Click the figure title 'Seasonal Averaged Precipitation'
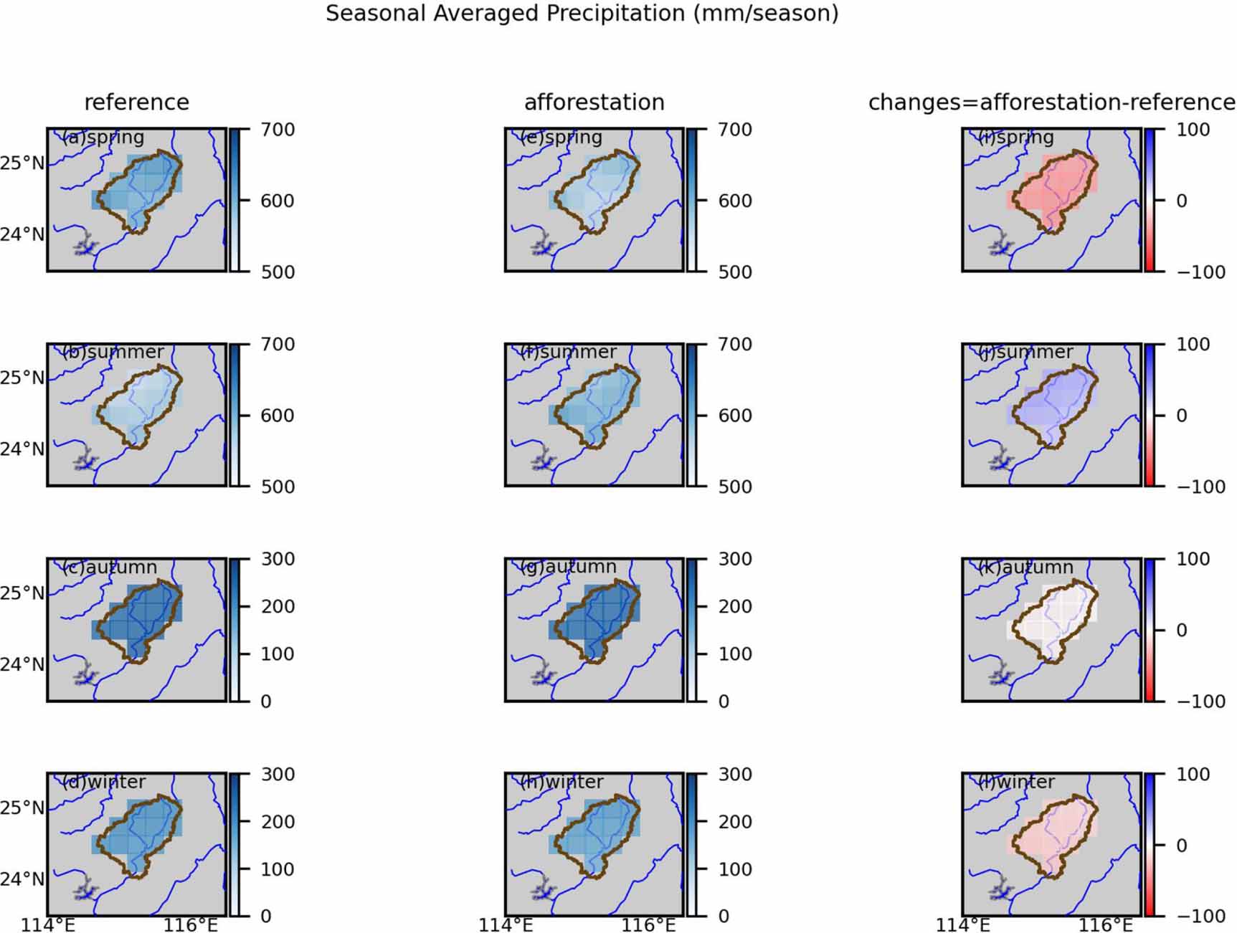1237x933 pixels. [x=582, y=14]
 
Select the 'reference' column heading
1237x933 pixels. [x=136, y=102]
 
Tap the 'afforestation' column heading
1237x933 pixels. [x=594, y=102]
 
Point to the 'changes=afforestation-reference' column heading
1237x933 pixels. [x=1051, y=102]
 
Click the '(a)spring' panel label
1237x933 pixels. [x=103, y=137]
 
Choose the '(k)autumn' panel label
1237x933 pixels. [x=1025, y=567]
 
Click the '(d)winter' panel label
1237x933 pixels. [x=103, y=781]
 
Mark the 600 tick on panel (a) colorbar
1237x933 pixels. [x=277, y=201]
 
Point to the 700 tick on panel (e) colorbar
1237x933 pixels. [x=734, y=130]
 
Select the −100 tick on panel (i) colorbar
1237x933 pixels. [x=1200, y=272]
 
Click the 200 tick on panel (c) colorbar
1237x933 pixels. [x=277, y=606]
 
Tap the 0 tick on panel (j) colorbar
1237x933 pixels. [x=1181, y=416]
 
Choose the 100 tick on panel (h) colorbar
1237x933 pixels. [x=734, y=869]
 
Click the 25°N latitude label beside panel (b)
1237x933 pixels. [x=22, y=378]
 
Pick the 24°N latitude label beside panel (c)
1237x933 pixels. [x=22, y=664]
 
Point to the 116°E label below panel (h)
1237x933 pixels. [x=648, y=925]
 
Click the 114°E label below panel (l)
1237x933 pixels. [x=963, y=925]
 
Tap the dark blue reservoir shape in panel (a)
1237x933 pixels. [x=85, y=246]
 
